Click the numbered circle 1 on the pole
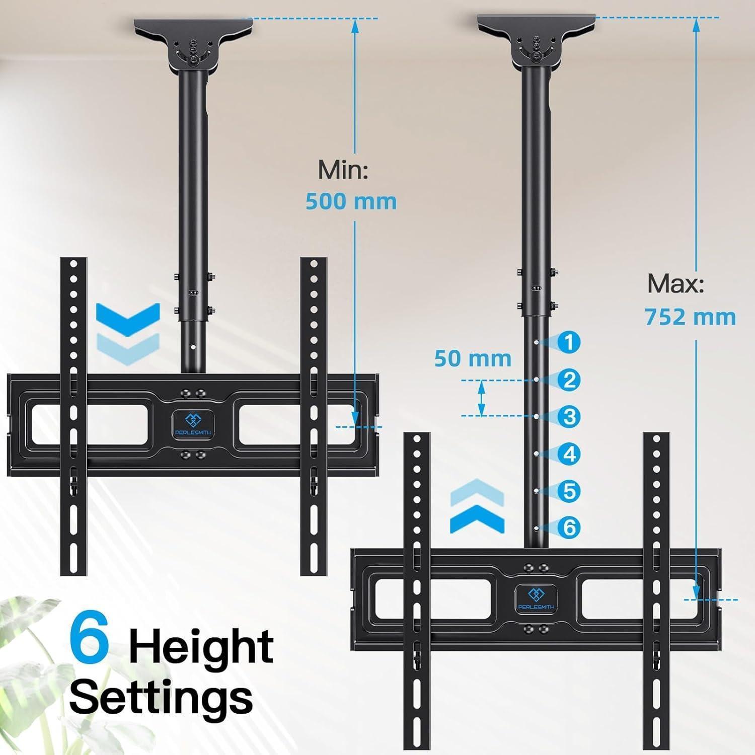tap(569, 342)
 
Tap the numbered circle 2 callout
tap(569, 380)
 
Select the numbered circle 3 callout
tap(569, 417)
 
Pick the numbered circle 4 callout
tap(569, 454)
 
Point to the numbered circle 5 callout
tap(569, 491)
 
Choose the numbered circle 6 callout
tap(569, 527)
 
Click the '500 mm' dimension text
tap(351, 202)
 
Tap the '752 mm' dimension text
tap(691, 318)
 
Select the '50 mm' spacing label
tap(473, 359)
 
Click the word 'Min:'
tap(343, 171)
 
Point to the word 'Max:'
tap(675, 284)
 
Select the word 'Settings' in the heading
tap(161, 697)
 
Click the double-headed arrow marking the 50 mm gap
tap(482, 398)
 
